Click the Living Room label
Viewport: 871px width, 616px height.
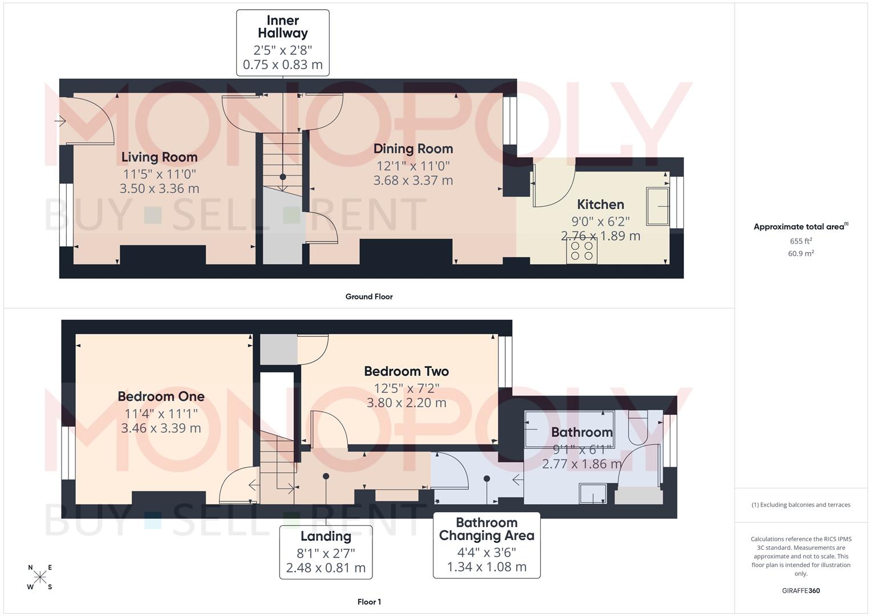tap(159, 157)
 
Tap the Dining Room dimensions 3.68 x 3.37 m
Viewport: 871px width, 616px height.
tap(413, 181)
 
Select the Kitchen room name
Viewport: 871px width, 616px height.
tap(600, 204)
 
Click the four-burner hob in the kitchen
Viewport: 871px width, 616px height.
tap(582, 251)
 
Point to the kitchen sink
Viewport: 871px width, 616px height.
tap(658, 206)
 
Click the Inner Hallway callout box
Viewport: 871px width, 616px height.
tap(283, 43)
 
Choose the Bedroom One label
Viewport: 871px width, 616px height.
tap(161, 396)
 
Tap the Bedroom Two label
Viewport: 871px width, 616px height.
tap(406, 371)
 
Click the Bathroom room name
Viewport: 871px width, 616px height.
tap(582, 432)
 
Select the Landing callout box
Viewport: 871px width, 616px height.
tap(326, 552)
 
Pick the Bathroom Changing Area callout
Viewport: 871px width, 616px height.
tap(487, 545)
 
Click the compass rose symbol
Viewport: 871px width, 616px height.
tap(40, 577)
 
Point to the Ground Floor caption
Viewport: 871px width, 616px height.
tap(369, 297)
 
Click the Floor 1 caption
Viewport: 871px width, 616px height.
tap(369, 602)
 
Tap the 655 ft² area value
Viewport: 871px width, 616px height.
tap(801, 241)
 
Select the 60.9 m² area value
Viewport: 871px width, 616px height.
tap(801, 253)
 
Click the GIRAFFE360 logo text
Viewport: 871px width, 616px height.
tap(801, 591)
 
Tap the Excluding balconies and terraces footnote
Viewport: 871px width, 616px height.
tap(801, 505)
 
